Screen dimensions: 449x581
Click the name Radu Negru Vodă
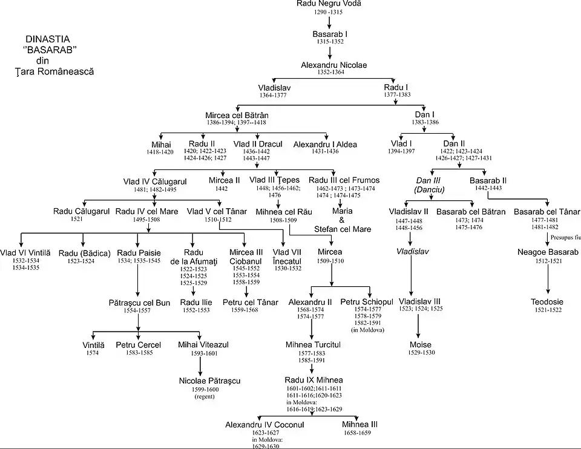click(329, 4)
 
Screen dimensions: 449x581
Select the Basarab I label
click(330, 34)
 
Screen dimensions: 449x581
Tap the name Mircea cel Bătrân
click(237, 115)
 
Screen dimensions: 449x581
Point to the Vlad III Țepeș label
click(274, 180)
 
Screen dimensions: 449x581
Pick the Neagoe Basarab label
click(548, 252)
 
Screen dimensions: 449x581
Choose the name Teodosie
click(548, 301)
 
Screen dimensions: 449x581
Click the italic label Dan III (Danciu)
click(427, 185)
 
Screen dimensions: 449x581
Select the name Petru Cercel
click(139, 345)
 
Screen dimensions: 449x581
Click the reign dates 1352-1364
click(330, 73)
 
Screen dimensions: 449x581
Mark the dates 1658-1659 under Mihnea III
click(359, 433)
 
